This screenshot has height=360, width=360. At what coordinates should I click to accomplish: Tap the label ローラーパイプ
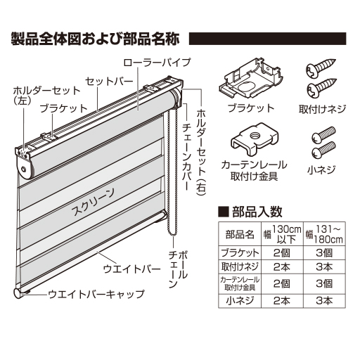(155, 62)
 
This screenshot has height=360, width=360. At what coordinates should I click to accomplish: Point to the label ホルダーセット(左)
(33, 95)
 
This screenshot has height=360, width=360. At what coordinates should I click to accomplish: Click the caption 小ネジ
(321, 169)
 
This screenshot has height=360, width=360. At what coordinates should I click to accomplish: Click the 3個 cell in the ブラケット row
(323, 252)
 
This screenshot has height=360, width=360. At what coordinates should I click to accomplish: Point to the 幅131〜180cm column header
(323, 235)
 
